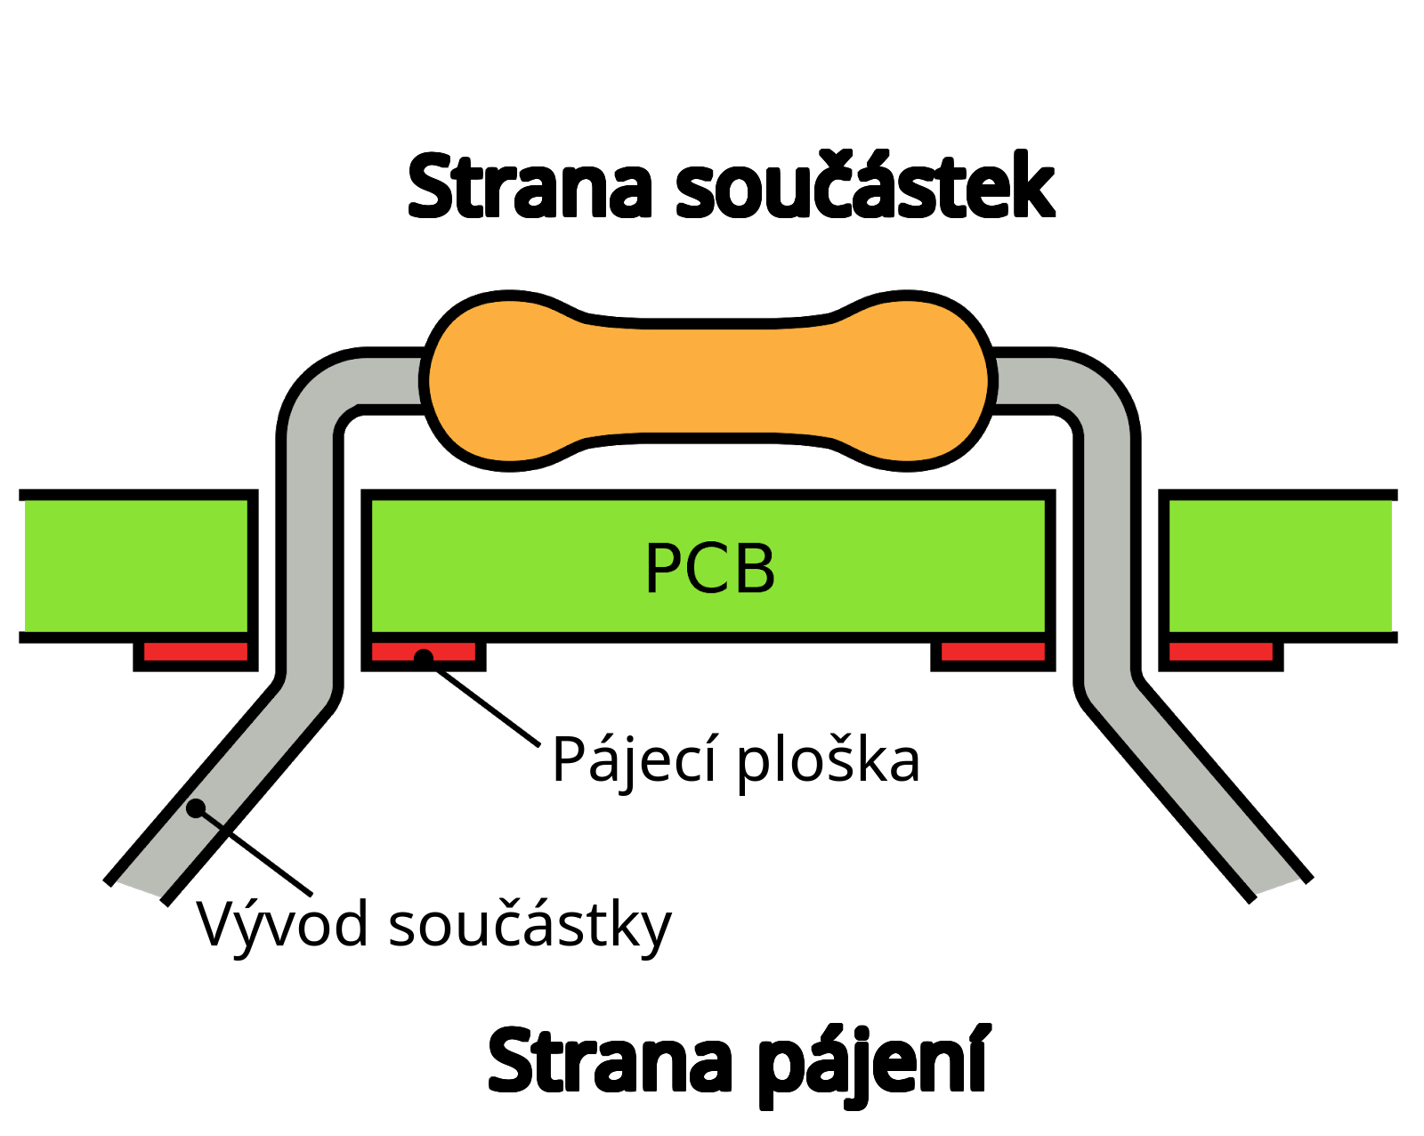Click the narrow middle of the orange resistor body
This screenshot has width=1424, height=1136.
click(708, 381)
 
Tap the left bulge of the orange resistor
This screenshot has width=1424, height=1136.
click(507, 381)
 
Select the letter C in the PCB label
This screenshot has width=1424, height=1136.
click(711, 568)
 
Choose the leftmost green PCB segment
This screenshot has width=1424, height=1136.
click(135, 566)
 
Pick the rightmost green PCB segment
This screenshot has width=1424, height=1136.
click(1280, 566)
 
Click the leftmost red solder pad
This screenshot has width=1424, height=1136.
click(195, 652)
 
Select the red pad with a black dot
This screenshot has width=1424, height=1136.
click(449, 652)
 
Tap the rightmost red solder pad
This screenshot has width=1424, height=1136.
click(1220, 652)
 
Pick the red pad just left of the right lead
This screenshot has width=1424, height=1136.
click(992, 652)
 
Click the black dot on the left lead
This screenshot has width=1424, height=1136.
click(196, 808)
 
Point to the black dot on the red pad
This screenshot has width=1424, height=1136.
click(424, 657)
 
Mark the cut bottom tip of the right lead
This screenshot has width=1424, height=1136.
click(1277, 885)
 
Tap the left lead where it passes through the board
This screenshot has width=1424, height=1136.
click(310, 566)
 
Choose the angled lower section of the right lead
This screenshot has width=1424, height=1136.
click(1193, 789)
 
